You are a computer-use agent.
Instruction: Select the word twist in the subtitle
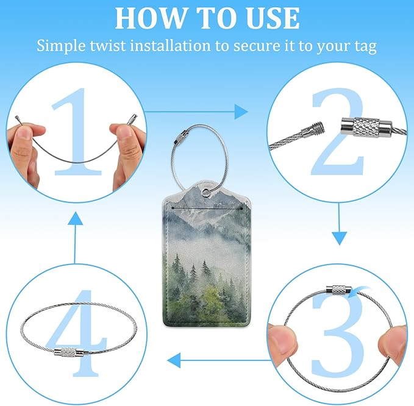tap(107, 45)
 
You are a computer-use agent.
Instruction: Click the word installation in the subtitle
tap(170, 45)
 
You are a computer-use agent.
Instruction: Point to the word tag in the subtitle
tap(366, 46)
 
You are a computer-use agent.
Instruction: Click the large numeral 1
tap(77, 132)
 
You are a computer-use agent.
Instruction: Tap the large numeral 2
tap(338, 132)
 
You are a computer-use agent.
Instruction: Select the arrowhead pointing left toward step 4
tap(174, 360)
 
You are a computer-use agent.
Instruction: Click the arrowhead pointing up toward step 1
tap(75, 218)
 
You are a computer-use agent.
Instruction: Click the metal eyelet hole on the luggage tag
tap(205, 193)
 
